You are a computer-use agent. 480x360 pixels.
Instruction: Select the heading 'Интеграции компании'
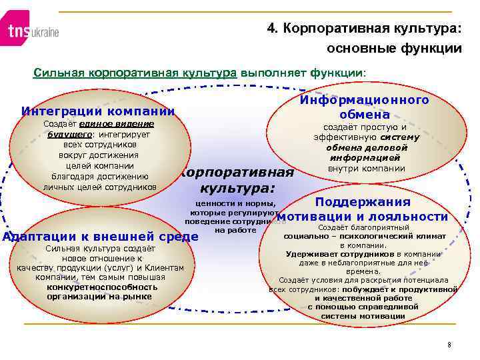[x=98, y=111]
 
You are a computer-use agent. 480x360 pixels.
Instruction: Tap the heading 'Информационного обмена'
[x=363, y=107]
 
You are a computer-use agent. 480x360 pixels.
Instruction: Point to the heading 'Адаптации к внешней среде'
[x=101, y=236]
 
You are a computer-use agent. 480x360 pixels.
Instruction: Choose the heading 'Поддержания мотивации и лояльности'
[x=363, y=209]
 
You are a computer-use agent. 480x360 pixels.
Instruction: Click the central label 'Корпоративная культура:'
[x=236, y=180]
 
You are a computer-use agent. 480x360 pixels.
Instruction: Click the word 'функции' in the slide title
[x=433, y=49]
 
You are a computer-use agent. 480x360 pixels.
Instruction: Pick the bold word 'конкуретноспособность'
[x=99, y=287]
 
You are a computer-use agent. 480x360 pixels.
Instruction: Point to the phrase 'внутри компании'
[x=367, y=169]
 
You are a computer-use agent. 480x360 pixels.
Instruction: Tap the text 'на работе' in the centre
[x=235, y=230]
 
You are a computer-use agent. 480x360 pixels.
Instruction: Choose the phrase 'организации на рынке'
[x=99, y=296]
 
